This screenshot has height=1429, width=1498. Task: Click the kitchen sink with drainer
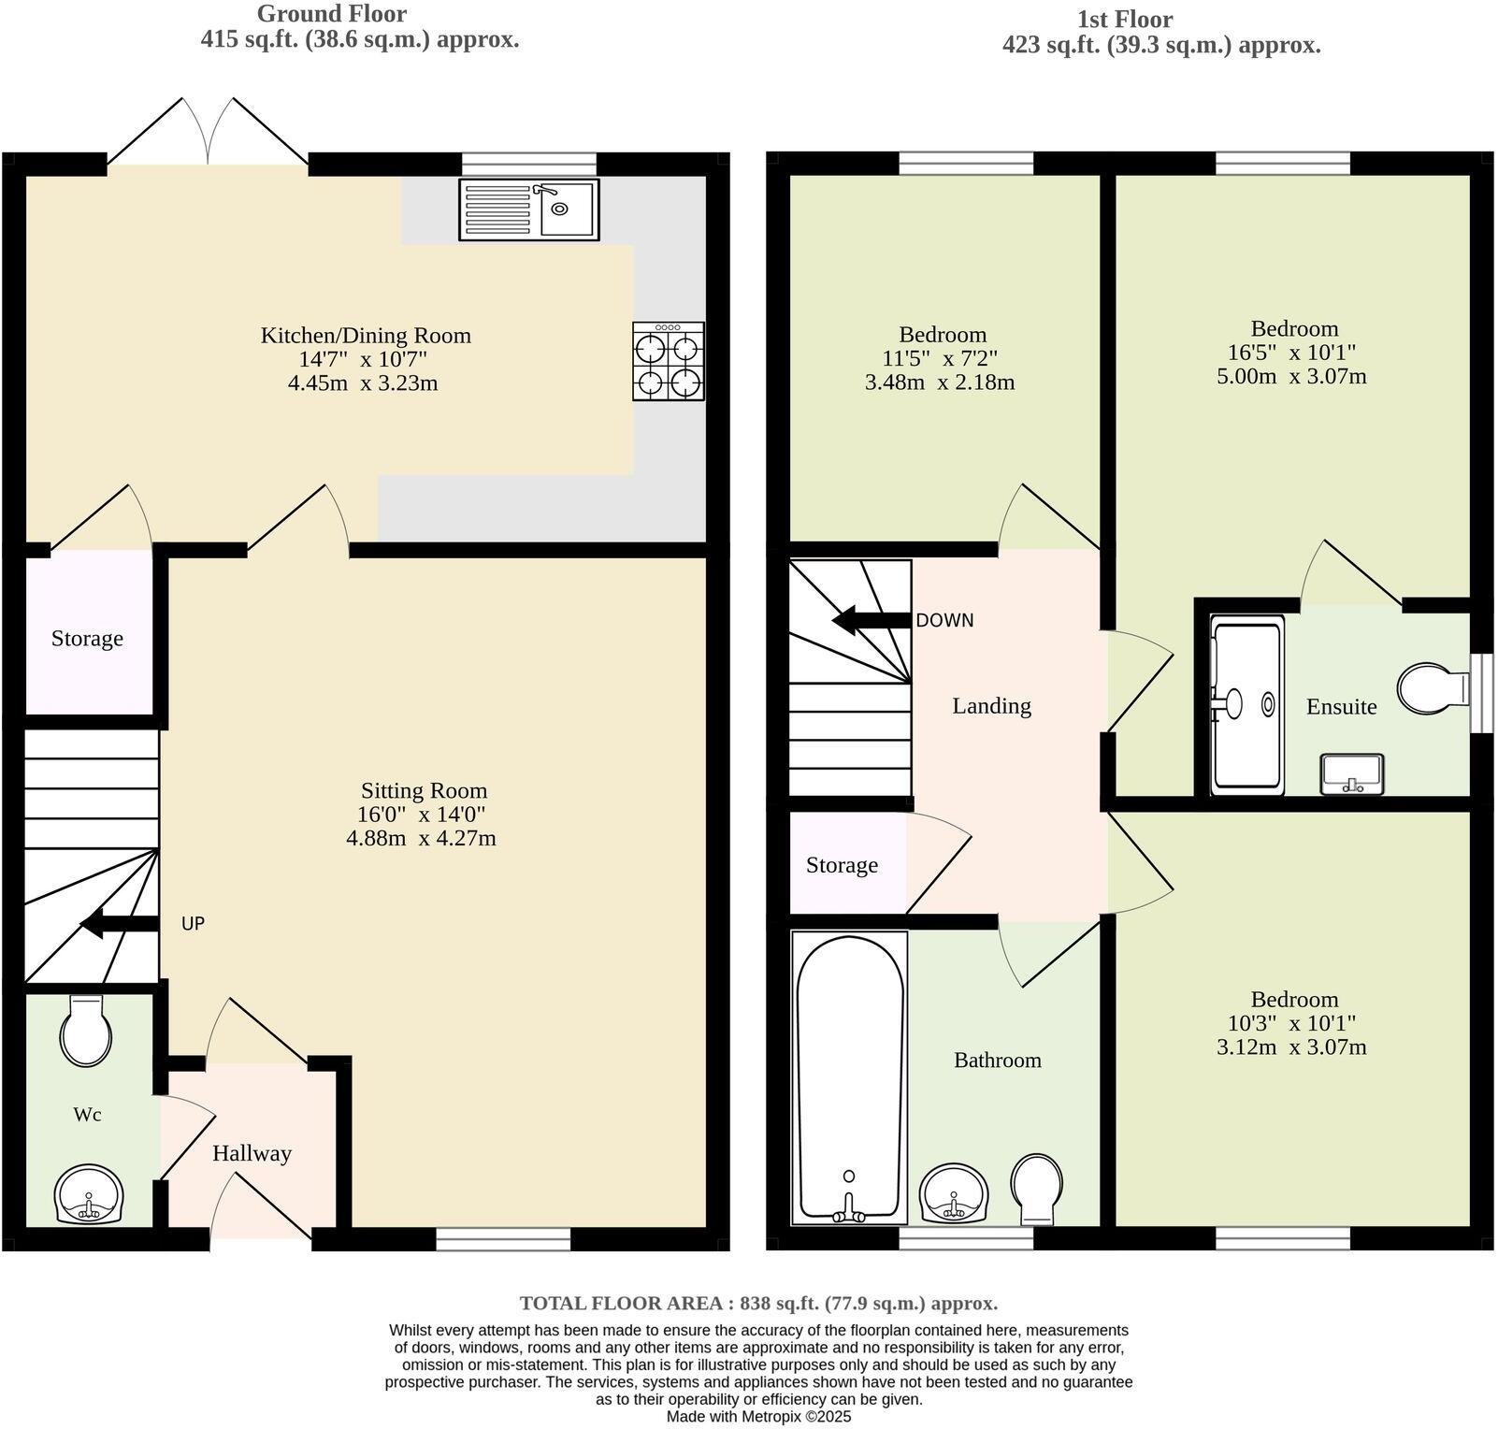point(528,209)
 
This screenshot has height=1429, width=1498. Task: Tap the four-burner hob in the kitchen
point(668,362)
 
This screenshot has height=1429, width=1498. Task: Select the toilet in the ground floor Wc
point(86,1031)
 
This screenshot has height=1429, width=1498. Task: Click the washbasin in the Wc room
point(89,1195)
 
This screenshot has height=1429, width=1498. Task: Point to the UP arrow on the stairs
point(118,925)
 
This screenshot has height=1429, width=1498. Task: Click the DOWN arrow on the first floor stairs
point(870,620)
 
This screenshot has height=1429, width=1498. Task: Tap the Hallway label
point(252,1153)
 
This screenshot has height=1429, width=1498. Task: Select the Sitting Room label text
point(424,790)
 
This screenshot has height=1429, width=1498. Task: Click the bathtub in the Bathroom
point(849,1077)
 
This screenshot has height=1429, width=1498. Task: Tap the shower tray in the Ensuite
point(1246,705)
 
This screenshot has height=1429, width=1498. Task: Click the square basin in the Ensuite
point(1351,774)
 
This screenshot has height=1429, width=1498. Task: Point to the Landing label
point(991,706)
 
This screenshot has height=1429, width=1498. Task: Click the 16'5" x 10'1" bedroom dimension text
point(1293,353)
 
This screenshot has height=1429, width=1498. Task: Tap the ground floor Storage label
point(87,639)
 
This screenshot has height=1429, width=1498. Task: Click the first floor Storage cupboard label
point(842,865)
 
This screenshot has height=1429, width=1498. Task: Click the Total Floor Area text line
point(758,1303)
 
